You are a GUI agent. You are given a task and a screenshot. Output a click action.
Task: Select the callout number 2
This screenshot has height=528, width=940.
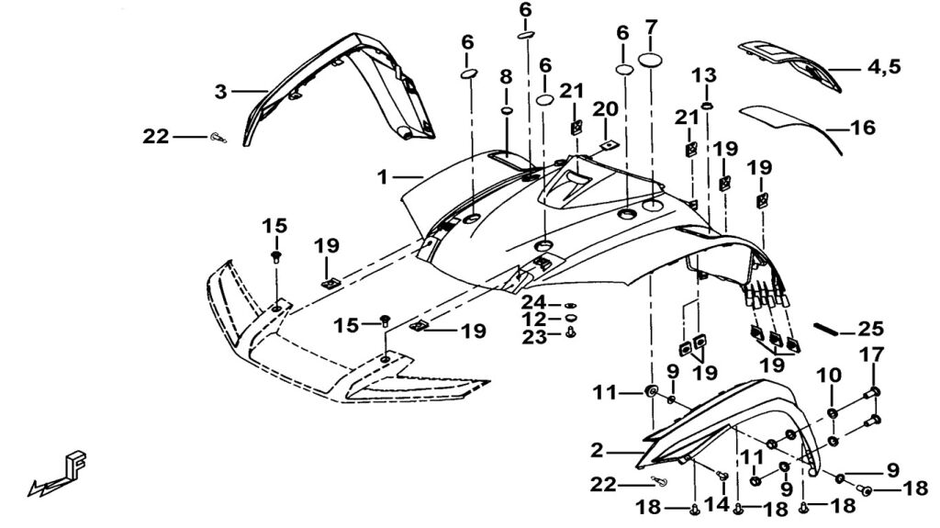(597, 450)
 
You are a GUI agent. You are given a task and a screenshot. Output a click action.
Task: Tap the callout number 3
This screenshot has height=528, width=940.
(220, 91)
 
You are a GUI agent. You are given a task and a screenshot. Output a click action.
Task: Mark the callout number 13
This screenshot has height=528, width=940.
(708, 73)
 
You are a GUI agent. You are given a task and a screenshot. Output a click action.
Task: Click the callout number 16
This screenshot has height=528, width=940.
(863, 128)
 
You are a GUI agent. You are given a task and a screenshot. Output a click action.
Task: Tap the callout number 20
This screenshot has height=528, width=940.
(604, 109)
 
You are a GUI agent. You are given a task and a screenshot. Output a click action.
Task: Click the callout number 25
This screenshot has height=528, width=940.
(870, 329)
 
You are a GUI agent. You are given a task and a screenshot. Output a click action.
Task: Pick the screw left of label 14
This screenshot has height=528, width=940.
(722, 476)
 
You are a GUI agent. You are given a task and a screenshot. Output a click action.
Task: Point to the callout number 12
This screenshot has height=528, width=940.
(534, 319)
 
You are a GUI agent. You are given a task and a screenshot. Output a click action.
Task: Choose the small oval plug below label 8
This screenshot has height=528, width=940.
(506, 111)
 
